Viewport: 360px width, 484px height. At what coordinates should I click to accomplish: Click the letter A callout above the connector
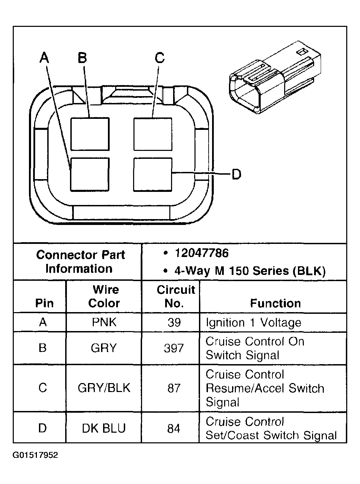point(44,58)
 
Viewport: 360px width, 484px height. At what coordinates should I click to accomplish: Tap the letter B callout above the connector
point(82,58)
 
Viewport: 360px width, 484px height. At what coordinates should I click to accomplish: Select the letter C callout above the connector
point(160,58)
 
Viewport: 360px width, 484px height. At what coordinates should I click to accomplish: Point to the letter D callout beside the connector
point(236,174)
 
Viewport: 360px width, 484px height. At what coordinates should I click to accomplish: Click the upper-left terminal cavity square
point(90,134)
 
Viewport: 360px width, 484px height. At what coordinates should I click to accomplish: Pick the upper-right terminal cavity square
point(153,134)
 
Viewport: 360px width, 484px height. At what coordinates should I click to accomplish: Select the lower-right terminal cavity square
point(152,174)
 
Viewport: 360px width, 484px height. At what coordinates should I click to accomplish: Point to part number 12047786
point(201,253)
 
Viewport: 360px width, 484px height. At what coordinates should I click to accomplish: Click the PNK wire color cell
point(104,322)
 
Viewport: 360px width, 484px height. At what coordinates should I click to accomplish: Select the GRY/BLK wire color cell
point(104,388)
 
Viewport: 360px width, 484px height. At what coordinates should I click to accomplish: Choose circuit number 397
point(174,348)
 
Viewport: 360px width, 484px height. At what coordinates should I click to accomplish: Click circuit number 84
point(174,428)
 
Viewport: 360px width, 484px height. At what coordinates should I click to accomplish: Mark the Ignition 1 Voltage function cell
point(253,322)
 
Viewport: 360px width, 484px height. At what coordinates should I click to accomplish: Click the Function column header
point(275,303)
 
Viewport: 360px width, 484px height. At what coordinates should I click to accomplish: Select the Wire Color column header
point(104,296)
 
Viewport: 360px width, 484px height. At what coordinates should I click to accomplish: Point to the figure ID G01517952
point(35,455)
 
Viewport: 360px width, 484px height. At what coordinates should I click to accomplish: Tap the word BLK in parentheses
point(309,271)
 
